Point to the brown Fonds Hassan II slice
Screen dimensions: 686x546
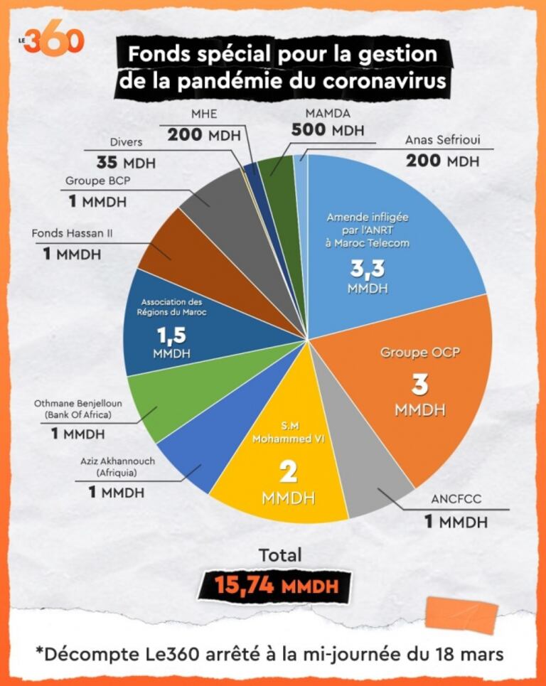pyautogui.click(x=174, y=245)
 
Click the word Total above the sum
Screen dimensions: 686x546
pyautogui.click(x=280, y=554)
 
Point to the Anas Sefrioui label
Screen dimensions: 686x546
pyautogui.click(x=441, y=140)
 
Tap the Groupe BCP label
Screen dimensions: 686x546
pyautogui.click(x=98, y=181)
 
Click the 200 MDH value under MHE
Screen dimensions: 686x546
pyautogui.click(x=205, y=135)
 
